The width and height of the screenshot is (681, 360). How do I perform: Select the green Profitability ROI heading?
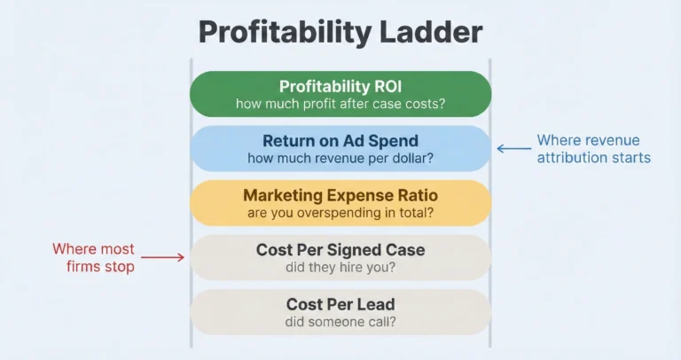click(340, 87)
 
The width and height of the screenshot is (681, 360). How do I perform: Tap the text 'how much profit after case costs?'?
click(340, 105)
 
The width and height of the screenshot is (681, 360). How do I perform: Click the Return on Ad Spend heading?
click(340, 141)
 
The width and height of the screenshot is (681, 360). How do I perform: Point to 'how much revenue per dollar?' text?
click(340, 159)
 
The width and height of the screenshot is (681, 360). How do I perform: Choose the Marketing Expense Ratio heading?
click(340, 195)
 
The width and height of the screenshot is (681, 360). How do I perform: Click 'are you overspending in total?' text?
click(340, 214)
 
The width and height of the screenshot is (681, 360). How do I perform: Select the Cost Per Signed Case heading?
click(340, 250)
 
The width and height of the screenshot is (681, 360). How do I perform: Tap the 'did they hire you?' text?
click(340, 268)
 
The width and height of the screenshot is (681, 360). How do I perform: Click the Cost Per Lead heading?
click(340, 304)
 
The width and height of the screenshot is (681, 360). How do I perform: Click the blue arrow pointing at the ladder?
click(512, 149)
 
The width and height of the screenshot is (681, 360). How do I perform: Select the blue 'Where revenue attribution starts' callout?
click(593, 149)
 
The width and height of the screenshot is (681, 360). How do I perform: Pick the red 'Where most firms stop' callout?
click(93, 258)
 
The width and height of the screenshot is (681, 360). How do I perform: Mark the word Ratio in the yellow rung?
click(416, 195)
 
